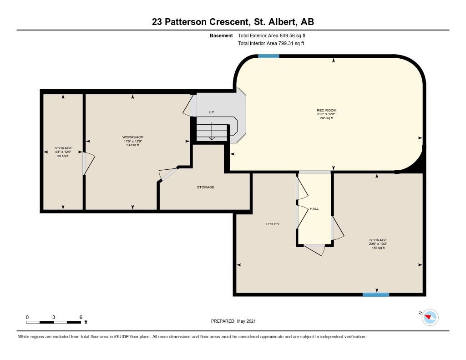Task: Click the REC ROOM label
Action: (326, 110)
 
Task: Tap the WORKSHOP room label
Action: (133, 137)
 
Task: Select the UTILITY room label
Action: (273, 224)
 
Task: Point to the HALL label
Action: (314, 209)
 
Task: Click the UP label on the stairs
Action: (211, 112)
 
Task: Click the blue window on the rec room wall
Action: (268, 56)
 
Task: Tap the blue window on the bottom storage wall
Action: (376, 294)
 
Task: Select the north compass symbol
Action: (430, 317)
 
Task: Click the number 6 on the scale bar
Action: (81, 317)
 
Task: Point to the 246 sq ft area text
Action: (326, 118)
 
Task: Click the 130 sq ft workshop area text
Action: (133, 145)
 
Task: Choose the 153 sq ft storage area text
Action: (378, 248)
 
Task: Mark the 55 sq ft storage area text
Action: (63, 156)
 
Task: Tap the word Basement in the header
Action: (221, 35)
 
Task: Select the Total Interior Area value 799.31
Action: (286, 43)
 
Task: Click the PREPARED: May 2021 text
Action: (233, 321)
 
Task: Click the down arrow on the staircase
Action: (211, 131)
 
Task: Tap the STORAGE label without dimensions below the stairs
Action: (206, 188)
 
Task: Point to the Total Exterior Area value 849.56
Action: (287, 35)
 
